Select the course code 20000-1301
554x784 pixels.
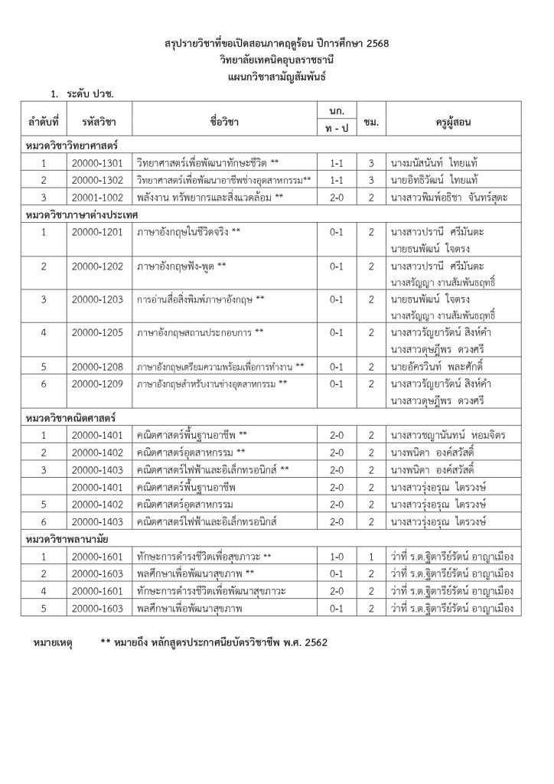[95, 163]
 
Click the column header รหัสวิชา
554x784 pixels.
[95, 122]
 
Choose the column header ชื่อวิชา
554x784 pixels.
[223, 122]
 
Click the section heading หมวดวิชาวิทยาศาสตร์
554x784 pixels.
[70, 145]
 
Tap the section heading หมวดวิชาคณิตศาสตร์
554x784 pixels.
[70, 419]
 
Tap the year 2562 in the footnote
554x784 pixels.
[313, 642]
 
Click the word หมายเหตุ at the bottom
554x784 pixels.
[54, 642]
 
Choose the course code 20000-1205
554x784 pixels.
[95, 332]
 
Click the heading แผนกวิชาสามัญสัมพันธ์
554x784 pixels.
[276, 78]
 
